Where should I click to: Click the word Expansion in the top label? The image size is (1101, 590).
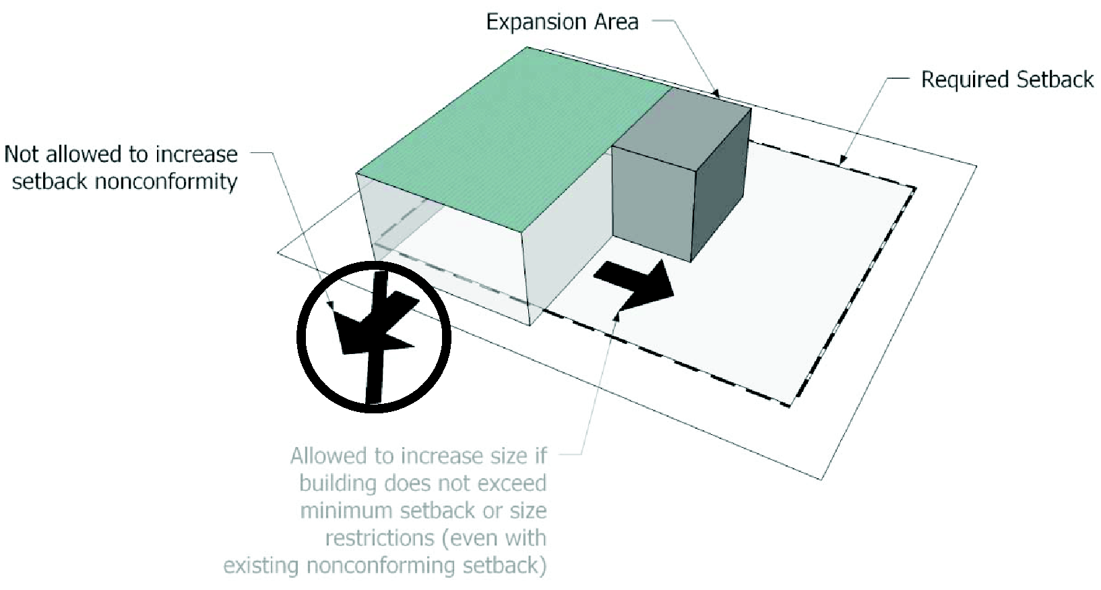[x=536, y=23]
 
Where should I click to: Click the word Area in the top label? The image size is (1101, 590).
[x=617, y=22]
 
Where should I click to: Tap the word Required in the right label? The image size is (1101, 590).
[x=965, y=80]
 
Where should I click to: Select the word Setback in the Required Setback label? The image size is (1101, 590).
[x=1055, y=80]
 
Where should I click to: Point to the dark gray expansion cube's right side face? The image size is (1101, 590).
[x=721, y=184]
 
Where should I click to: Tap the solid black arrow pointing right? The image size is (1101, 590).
[x=634, y=285]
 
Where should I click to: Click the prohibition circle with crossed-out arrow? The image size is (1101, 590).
[x=373, y=337]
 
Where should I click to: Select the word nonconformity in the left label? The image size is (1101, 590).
[x=166, y=181]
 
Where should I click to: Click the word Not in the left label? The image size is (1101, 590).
[x=22, y=154]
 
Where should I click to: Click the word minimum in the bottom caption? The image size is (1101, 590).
[x=347, y=510]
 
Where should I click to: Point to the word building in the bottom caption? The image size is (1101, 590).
[x=338, y=483]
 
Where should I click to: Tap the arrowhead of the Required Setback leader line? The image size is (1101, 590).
[x=842, y=159]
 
